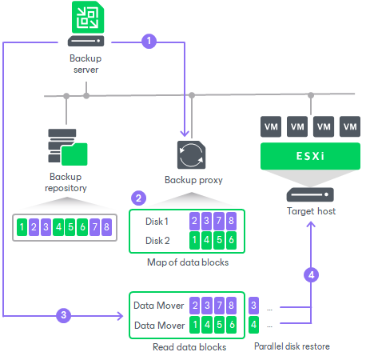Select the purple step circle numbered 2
(x=139, y=198)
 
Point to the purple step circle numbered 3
(x=66, y=315)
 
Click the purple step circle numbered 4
(x=312, y=274)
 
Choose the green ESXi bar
(x=311, y=156)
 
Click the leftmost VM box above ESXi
(x=270, y=126)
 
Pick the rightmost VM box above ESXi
(x=349, y=126)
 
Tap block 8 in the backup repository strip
(x=106, y=227)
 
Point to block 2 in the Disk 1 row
(x=194, y=221)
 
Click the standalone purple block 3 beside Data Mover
(x=254, y=305)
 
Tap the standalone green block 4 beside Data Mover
(x=254, y=325)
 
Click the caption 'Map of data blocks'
(x=187, y=262)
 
